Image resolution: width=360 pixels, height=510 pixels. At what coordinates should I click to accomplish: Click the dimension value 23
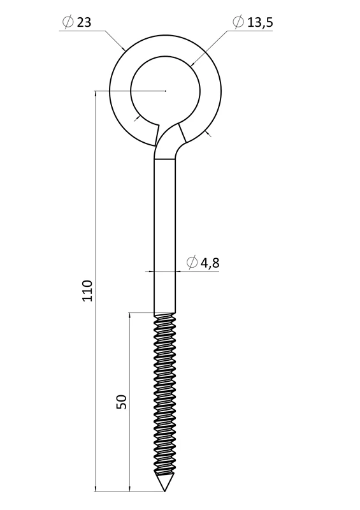click(84, 22)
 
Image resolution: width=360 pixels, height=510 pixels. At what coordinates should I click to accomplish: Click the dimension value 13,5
click(260, 22)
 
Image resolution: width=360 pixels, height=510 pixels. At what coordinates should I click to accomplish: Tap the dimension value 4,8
click(210, 263)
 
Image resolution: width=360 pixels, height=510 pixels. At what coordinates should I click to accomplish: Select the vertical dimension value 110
click(87, 290)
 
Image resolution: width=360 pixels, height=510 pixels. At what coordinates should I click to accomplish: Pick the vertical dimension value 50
click(121, 402)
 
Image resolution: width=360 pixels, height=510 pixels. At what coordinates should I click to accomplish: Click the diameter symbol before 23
click(68, 22)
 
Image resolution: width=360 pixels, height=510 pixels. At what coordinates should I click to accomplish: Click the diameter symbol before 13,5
click(238, 22)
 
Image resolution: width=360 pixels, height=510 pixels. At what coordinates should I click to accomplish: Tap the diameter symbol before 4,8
click(192, 262)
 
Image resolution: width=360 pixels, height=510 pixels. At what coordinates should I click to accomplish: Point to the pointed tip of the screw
click(164, 491)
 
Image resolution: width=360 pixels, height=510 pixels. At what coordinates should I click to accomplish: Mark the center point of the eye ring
click(165, 91)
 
